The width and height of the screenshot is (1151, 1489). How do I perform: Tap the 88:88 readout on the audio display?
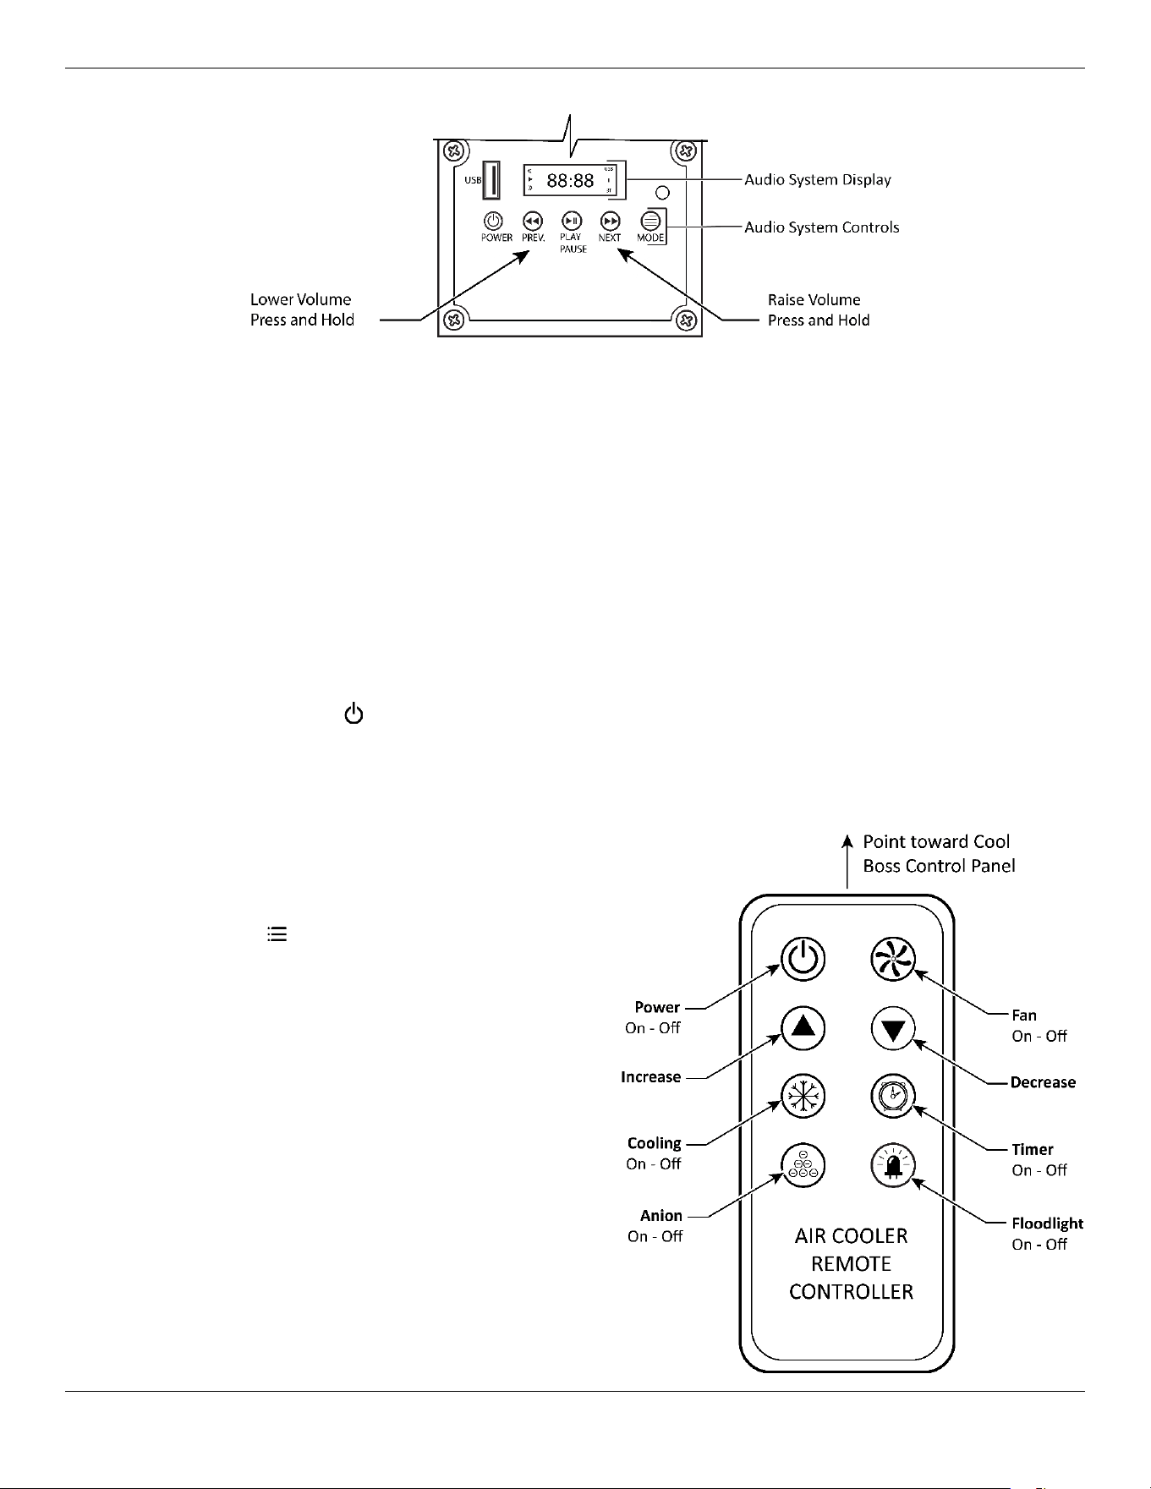(570, 181)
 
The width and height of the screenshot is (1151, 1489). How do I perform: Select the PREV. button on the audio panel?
(532, 222)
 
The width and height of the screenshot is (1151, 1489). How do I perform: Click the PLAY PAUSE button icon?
(572, 222)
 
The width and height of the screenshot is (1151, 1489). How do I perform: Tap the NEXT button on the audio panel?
(610, 222)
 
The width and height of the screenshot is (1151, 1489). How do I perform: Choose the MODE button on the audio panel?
(650, 222)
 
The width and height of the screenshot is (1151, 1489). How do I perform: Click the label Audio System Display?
(818, 180)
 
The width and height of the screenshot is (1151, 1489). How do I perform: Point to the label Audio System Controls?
(822, 227)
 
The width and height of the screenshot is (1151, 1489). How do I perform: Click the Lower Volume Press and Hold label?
(302, 309)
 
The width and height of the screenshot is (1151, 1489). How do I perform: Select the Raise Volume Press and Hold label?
(819, 310)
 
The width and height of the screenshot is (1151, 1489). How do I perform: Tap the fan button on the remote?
(893, 960)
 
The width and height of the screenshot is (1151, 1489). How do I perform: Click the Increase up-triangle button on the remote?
(803, 1028)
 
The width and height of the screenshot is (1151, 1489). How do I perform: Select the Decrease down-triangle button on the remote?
(893, 1030)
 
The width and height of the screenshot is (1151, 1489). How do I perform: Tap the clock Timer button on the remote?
(893, 1097)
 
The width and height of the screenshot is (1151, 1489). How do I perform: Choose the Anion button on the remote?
(803, 1165)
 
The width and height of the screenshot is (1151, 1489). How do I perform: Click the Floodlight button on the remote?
(893, 1166)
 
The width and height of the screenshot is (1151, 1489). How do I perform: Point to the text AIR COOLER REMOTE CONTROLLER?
(851, 1264)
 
